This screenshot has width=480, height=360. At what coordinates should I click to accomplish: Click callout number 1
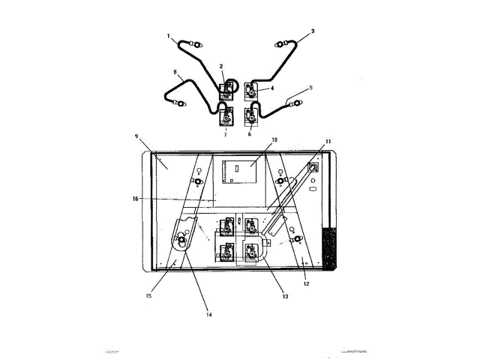pos(169,35)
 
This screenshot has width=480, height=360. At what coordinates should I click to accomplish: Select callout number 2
pos(221,67)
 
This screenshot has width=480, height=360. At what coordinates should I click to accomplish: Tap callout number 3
pos(313,31)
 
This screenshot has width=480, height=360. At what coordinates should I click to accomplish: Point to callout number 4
pos(272,88)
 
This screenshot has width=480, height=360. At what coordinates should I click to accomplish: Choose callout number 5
pos(311,88)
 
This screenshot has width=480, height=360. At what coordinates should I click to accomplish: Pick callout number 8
pos(175,73)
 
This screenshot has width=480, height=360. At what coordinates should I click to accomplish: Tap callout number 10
pos(274,140)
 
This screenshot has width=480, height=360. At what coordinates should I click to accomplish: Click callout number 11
pos(327,141)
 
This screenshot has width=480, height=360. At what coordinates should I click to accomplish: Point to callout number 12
pos(305,283)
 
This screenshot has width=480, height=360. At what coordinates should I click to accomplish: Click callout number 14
pos(209,315)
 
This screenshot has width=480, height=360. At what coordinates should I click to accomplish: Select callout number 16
pos(135,199)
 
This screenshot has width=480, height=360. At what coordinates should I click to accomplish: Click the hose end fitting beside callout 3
pos(283,43)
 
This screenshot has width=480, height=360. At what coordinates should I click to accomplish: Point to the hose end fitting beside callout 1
pos(196,44)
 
